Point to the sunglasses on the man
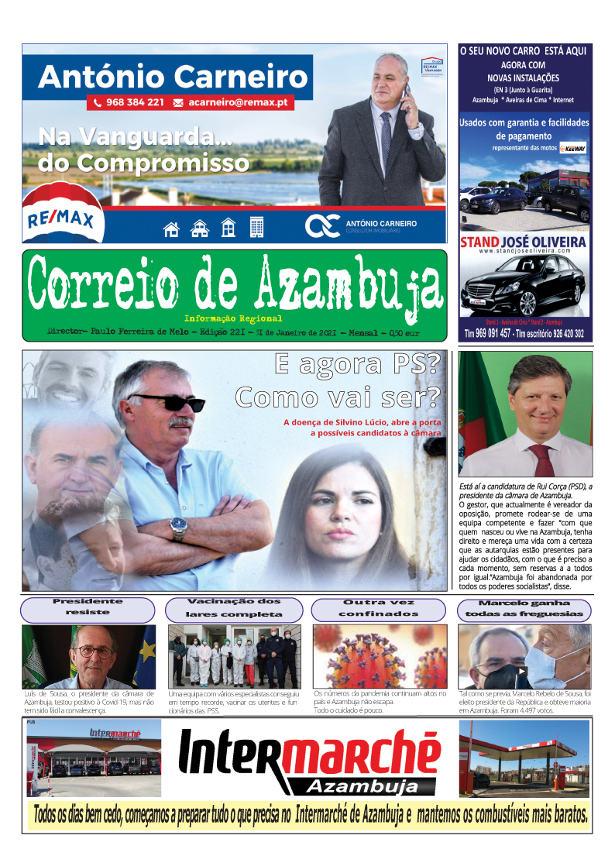point(167,402)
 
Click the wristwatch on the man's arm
point(179,528)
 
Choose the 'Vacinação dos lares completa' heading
point(233,607)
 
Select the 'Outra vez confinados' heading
point(379,607)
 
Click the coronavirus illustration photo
point(380,656)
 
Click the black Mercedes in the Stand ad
point(521,290)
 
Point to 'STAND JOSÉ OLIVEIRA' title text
point(523,242)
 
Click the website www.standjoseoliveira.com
point(523,252)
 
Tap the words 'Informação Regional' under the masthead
point(233,318)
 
